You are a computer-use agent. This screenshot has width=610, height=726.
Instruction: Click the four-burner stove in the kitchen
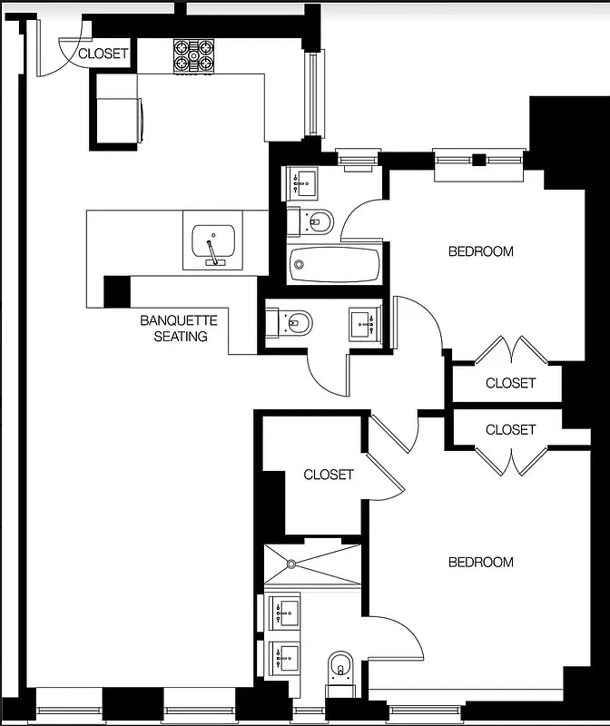(193, 55)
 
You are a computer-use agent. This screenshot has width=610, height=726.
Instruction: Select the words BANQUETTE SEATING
(179, 329)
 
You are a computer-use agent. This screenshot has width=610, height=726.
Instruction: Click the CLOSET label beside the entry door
(103, 54)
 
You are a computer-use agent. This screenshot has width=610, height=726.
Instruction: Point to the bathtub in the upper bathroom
(334, 266)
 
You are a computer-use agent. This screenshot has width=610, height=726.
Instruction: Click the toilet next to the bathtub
(312, 221)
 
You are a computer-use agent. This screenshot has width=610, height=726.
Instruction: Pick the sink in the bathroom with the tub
(303, 183)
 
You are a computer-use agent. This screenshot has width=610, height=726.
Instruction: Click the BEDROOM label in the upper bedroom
(480, 251)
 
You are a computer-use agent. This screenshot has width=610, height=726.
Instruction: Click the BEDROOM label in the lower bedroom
(480, 563)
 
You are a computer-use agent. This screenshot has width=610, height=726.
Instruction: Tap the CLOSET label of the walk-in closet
(329, 475)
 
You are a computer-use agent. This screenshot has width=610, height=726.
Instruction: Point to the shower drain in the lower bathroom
(291, 564)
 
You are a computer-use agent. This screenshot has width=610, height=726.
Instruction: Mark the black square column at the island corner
(117, 291)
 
